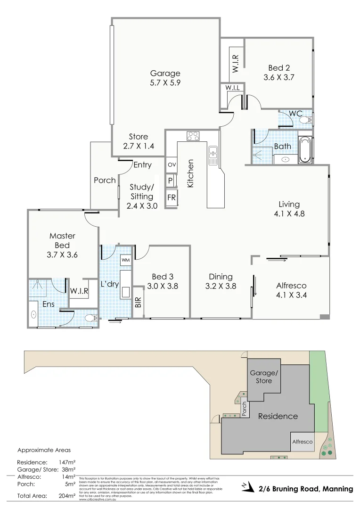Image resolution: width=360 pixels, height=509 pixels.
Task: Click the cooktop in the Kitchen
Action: tap(193, 136)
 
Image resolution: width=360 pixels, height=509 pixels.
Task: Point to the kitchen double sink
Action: tap(213, 156)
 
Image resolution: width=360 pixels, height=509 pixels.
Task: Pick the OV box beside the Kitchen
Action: tap(171, 165)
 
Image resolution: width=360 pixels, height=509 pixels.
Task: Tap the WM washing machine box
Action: tap(125, 260)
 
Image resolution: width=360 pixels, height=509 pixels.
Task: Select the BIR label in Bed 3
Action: tap(138, 302)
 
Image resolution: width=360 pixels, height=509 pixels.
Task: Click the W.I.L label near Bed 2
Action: tap(233, 88)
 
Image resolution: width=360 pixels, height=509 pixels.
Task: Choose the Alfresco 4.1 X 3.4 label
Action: tap(291, 290)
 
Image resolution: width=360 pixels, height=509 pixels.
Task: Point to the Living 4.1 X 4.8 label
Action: tap(289, 208)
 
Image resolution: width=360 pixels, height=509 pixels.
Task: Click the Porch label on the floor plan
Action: tap(105, 180)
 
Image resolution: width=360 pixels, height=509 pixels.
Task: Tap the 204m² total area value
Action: tap(66, 496)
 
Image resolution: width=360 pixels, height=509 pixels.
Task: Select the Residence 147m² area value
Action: tap(66, 462)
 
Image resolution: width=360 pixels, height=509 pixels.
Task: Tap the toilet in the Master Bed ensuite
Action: tap(90, 319)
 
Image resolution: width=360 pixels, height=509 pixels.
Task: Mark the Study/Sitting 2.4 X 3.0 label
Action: tap(142, 196)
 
